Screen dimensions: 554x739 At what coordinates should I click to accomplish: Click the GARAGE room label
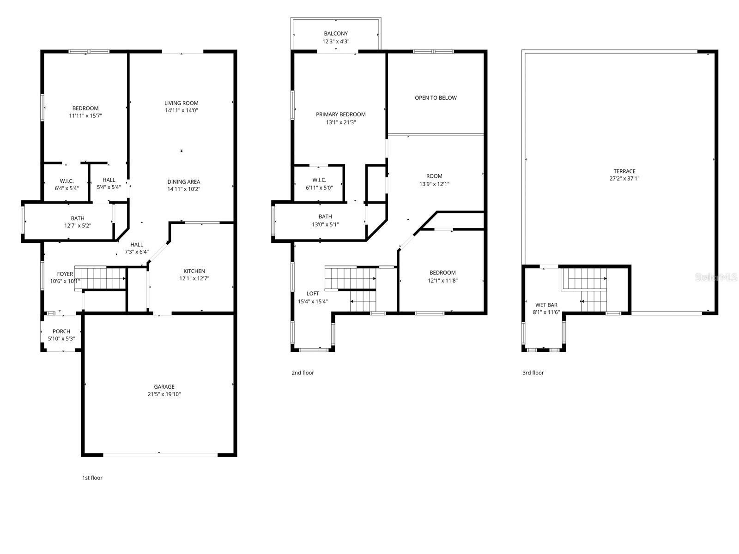point(164,387)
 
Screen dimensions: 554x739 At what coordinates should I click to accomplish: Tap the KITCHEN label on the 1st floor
point(194,271)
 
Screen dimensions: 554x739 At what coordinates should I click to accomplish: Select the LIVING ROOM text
point(181,103)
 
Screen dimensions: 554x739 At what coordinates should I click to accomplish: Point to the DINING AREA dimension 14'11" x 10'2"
point(183,189)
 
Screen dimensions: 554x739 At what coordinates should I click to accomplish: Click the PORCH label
point(61,331)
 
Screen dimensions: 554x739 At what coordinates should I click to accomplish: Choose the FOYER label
point(65,274)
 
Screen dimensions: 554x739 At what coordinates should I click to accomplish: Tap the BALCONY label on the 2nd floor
point(336,34)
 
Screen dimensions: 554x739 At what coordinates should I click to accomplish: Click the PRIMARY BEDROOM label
point(341,114)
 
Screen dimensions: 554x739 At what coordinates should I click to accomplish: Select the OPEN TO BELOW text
point(436,98)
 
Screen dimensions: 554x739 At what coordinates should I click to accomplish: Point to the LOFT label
point(313,294)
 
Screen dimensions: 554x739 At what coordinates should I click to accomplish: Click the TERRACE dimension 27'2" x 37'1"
point(624,179)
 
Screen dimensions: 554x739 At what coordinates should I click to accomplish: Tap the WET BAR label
point(546,305)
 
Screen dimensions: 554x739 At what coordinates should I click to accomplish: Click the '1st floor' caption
point(92,478)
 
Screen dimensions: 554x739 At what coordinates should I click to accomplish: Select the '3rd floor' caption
point(533,373)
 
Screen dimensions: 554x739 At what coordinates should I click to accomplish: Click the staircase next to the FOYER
point(101,278)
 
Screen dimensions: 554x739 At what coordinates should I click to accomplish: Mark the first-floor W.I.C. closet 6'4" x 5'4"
point(67,184)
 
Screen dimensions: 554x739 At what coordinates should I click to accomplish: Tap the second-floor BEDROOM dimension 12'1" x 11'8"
point(442,280)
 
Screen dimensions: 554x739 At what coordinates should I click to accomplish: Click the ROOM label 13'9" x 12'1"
point(434,176)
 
